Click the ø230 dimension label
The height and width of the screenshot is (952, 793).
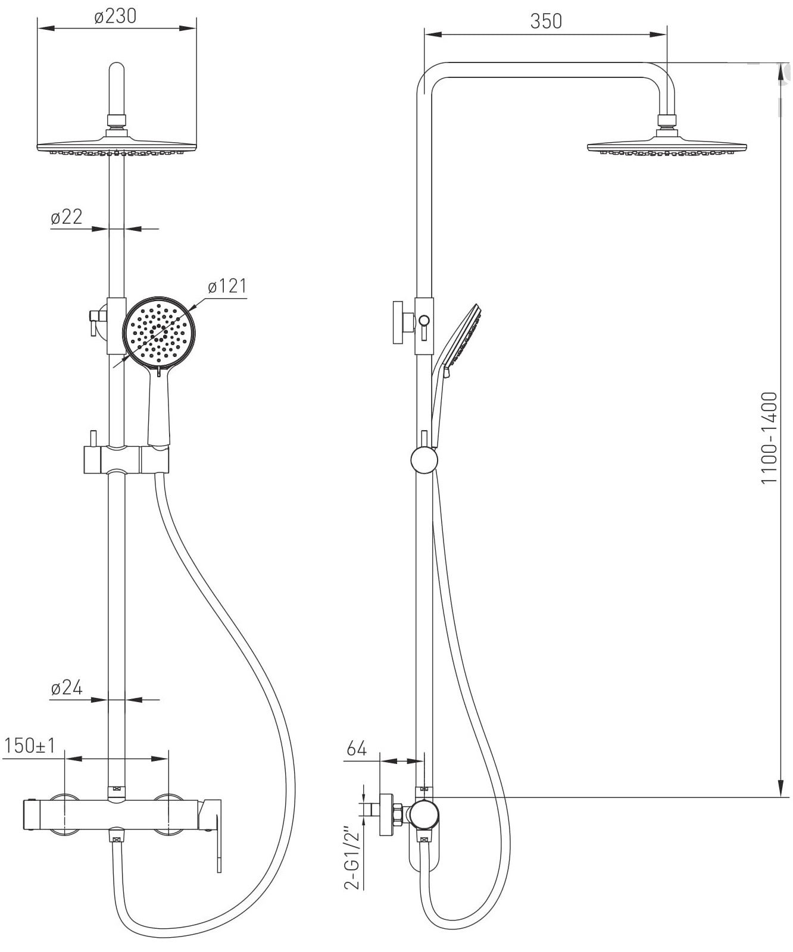pos(115,16)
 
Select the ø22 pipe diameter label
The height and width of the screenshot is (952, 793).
pos(67,217)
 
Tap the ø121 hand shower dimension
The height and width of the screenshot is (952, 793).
pos(227,286)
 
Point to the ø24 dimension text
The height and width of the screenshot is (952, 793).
pos(67,688)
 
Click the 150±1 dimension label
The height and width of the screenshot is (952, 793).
pos(29,746)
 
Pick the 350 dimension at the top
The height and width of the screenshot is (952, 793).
pos(545,21)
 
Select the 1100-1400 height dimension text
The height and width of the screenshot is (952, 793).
pos(769,437)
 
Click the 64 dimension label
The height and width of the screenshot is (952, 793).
pos(356,749)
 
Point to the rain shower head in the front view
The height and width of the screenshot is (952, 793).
pos(117,146)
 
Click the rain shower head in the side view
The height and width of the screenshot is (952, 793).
pos(666,146)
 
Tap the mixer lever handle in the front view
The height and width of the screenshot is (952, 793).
pos(211,833)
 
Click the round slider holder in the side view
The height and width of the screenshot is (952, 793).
pos(424,460)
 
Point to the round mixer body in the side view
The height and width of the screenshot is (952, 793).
pos(424,814)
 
